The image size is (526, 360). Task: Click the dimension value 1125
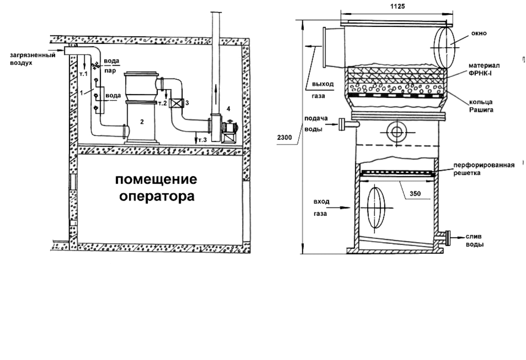[398, 6]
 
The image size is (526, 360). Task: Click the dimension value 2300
[284, 138]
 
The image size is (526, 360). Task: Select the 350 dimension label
[415, 194]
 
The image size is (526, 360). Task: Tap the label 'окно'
[479, 33]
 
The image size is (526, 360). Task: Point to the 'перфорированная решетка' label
[484, 169]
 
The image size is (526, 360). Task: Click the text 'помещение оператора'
[156, 188]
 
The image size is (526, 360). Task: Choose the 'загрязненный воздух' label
[33, 59]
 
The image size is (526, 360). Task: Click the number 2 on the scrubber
[142, 122]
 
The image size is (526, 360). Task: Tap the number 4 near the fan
[228, 108]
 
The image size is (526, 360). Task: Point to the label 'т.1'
[83, 74]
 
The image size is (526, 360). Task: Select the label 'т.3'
[202, 140]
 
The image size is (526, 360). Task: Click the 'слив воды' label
[474, 240]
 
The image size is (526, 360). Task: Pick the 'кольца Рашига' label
[481, 106]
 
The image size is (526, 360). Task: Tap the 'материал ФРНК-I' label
[484, 69]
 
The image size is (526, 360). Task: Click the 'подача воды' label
[316, 124]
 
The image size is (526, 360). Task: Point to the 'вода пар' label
[111, 65]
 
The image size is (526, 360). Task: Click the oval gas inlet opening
[375, 208]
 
